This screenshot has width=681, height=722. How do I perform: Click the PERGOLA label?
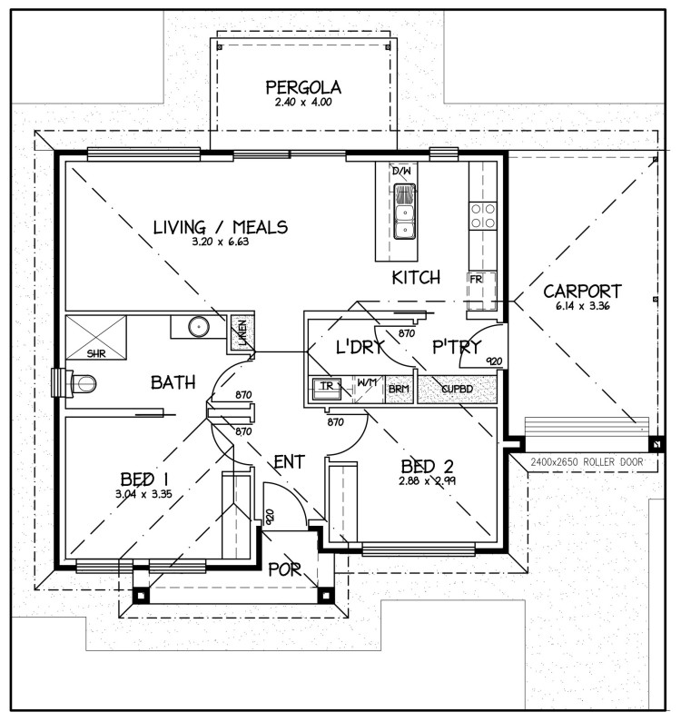[x=303, y=88]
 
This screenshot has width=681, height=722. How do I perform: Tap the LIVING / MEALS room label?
[x=221, y=227]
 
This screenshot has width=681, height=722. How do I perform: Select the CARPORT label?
[x=582, y=292]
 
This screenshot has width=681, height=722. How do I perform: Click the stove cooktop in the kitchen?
[x=482, y=215]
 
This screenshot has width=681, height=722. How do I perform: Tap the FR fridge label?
[x=476, y=279]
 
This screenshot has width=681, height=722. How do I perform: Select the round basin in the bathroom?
[x=194, y=326]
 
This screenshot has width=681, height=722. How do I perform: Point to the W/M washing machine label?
[x=367, y=382]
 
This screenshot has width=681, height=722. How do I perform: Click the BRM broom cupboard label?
[x=398, y=389]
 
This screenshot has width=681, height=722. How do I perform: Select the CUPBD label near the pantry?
[x=457, y=389]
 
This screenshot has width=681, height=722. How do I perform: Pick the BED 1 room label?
[x=143, y=479]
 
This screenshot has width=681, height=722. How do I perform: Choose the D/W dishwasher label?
[x=401, y=171]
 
